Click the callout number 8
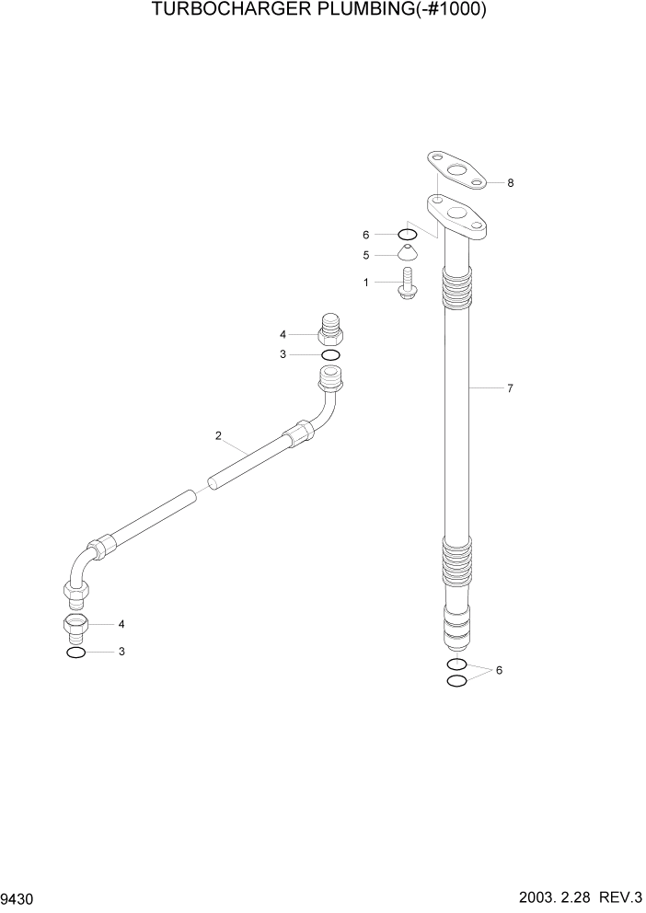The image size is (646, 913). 510,183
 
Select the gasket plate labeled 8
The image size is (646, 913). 456,172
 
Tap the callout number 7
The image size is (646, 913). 510,388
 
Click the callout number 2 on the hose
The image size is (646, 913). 218,435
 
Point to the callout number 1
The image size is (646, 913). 366,283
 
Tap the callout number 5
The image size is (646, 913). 366,255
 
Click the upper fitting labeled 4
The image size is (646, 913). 330,329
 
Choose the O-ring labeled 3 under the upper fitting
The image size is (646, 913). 330,354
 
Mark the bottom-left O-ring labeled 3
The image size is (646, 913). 76,653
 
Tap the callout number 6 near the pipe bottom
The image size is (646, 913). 499,671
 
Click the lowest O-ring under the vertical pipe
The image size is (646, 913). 456,680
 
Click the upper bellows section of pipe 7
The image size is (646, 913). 458,290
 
